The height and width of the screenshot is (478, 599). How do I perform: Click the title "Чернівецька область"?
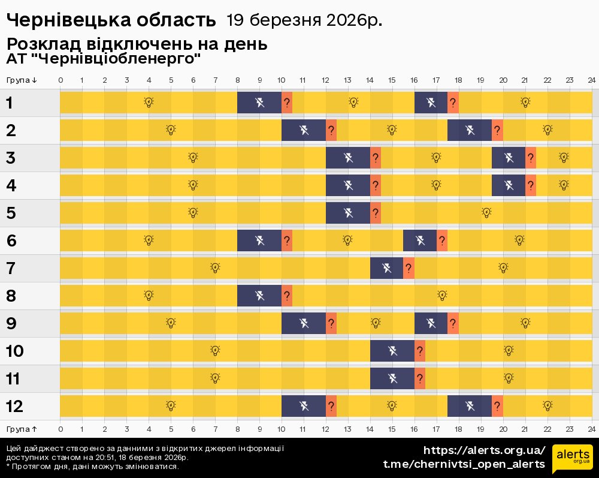pos(111,20)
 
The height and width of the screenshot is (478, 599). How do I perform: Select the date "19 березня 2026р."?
pos(304,20)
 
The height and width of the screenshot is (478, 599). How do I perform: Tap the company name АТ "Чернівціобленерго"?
pos(103,59)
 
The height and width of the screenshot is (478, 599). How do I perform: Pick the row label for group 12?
pos(14,406)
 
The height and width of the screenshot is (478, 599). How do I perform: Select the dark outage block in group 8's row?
pos(259,296)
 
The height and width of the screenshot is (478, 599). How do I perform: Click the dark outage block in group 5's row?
pos(348,213)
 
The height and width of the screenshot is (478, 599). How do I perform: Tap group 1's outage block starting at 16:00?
pos(431,103)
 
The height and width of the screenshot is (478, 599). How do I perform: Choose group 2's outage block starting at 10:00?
pos(304,130)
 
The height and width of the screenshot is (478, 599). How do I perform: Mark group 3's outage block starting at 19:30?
pos(508,158)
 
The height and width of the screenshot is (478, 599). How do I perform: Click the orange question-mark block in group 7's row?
pos(409,268)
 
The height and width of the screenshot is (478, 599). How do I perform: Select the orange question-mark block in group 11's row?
pos(420,378)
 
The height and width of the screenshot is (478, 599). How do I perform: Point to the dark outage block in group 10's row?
pos(392,351)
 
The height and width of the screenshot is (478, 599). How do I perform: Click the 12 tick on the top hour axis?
pos(326,80)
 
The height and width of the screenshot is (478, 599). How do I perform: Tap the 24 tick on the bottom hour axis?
pos(591,429)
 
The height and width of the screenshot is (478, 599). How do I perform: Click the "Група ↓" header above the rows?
pos(22,80)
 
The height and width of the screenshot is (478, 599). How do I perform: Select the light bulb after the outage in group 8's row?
pos(442,295)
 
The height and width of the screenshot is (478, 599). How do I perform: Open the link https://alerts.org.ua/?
pos(484,450)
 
